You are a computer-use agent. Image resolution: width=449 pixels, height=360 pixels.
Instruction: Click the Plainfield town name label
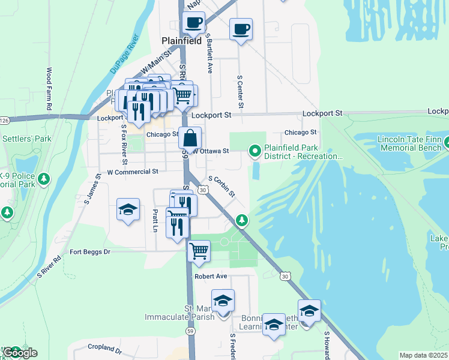[x=181, y=41]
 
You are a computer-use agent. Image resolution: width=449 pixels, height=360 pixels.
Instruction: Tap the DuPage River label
[x=124, y=55]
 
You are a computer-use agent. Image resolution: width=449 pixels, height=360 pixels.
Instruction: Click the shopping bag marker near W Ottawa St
[x=190, y=138]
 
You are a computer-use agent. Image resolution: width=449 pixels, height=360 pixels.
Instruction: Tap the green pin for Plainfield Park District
[x=255, y=151]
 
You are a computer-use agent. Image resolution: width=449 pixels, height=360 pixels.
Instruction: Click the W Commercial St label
[x=132, y=172]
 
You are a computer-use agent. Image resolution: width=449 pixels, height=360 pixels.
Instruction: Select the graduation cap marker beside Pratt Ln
[x=128, y=209]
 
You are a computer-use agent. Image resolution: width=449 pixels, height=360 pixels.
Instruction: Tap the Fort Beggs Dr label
[x=91, y=252]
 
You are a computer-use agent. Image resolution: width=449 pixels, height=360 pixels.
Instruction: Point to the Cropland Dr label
[x=104, y=349]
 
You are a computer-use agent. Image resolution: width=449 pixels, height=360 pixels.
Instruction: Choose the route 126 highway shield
[x=3, y=121]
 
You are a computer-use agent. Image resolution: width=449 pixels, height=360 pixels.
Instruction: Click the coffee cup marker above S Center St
[x=241, y=29]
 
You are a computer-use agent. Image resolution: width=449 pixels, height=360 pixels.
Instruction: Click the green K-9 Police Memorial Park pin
[x=43, y=178]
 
